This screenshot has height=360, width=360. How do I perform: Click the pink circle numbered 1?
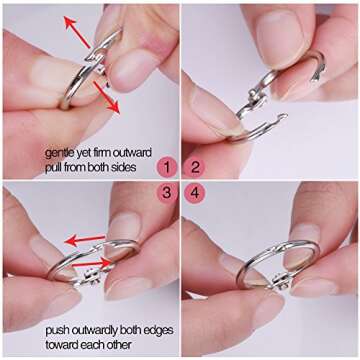pos(167,168)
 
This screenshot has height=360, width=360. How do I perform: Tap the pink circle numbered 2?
pos(195,168)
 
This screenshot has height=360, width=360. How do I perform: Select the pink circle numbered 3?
pos(167,193)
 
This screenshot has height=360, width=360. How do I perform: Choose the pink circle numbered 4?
pos(195,193)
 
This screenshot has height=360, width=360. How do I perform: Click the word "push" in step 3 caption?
pos(57,331)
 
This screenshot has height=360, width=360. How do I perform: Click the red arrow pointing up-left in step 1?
pos(77,32)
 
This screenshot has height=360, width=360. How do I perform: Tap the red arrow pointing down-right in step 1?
pos(106,97)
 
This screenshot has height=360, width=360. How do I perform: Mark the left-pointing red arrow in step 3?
pos(85,240)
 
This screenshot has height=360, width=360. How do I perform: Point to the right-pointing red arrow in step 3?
pos(92,263)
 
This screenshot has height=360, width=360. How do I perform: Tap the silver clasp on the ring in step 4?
pos(281,280)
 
